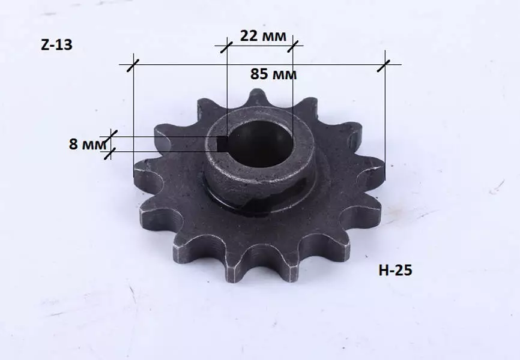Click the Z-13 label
coord(56,45)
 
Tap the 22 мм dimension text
coord(263,36)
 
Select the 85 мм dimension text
coord(273,74)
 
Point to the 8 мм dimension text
coord(88,144)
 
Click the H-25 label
coord(395,270)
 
